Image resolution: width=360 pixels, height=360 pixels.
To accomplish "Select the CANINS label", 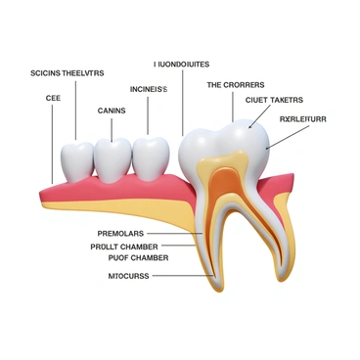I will [112, 111].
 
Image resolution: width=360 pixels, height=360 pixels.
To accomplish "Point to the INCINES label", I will [149, 89].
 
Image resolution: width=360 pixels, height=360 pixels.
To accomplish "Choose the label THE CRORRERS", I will [235, 85].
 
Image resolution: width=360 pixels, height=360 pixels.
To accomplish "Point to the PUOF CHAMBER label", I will [130, 258].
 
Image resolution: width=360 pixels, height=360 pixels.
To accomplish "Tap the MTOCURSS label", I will [127, 276].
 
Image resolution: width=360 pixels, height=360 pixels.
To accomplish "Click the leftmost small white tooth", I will [76, 159].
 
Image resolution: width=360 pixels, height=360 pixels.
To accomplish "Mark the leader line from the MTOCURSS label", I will [181, 276].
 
